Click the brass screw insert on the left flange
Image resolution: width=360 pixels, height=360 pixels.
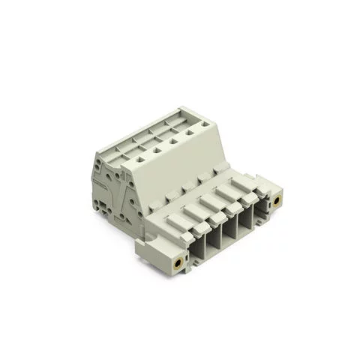pyautogui.click(x=178, y=263)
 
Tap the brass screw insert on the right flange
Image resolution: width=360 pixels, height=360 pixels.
pyautogui.click(x=277, y=201)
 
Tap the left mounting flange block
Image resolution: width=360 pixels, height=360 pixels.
pyautogui.click(x=161, y=255)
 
